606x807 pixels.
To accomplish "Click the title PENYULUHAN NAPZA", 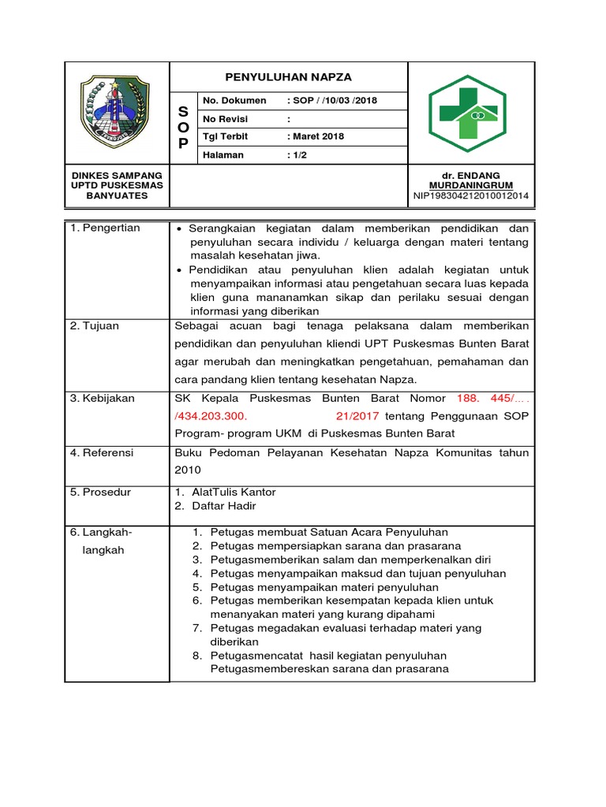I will pyautogui.click(x=289, y=76).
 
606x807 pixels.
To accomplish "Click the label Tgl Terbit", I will pyautogui.click(x=226, y=136).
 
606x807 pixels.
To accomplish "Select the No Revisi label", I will pyautogui.click(x=226, y=119).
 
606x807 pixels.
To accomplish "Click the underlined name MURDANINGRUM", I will pyautogui.click(x=472, y=185).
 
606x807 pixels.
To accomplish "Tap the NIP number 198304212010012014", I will pyautogui.click(x=471, y=195).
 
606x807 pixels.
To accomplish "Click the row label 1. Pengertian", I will pyautogui.click(x=105, y=228).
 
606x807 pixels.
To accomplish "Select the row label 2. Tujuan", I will pyautogui.click(x=95, y=325).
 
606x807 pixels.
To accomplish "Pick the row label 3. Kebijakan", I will pyautogui.click(x=103, y=398).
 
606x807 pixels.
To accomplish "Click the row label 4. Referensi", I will pyautogui.click(x=102, y=452).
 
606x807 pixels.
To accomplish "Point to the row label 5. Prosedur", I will pyautogui.click(x=101, y=492).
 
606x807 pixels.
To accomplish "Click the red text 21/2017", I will pyautogui.click(x=357, y=415).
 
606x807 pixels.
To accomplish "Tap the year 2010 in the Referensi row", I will pyautogui.click(x=187, y=470).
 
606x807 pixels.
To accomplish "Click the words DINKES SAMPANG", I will pyautogui.click(x=117, y=175).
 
